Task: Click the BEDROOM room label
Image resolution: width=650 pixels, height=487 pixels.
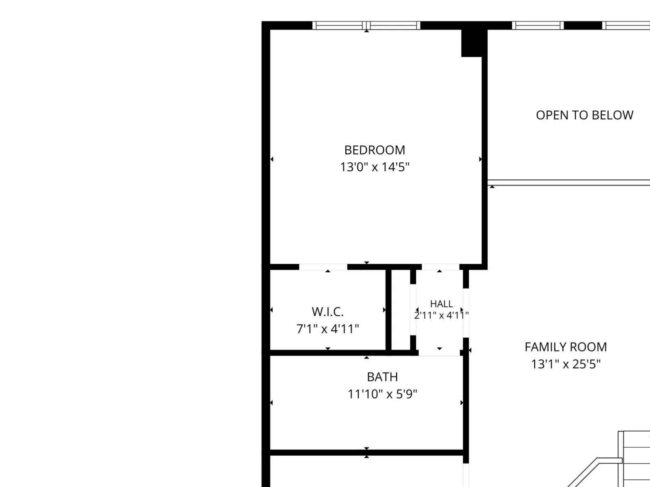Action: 375,150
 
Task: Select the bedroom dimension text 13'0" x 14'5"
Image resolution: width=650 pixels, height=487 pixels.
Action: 375,167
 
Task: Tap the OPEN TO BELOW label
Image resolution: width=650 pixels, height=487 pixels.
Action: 585,115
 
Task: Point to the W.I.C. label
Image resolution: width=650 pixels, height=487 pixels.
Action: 327,312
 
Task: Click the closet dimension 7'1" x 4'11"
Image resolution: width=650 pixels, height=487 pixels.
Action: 327,329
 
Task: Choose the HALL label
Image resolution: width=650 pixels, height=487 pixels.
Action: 442,304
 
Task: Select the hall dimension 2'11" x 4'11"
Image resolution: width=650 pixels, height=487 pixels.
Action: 441,315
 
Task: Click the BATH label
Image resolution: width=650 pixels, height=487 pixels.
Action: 382,377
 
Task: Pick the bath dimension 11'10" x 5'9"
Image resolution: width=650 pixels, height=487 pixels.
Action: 382,394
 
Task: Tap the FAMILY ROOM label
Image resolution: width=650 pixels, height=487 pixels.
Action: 565,347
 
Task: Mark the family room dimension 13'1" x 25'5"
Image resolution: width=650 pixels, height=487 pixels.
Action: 565,364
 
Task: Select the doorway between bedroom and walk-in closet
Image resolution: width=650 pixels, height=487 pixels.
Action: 323,267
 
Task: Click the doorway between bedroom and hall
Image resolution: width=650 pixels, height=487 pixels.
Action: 440,267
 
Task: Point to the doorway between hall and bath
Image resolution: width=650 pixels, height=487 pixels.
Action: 439,353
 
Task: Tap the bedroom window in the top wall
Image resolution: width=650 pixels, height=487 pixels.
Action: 366,26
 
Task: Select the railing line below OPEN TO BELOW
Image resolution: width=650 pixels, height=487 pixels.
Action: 569,183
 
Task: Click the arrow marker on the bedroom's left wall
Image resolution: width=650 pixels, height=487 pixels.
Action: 272,159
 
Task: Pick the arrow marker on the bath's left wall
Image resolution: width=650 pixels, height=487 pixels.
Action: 271,403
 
